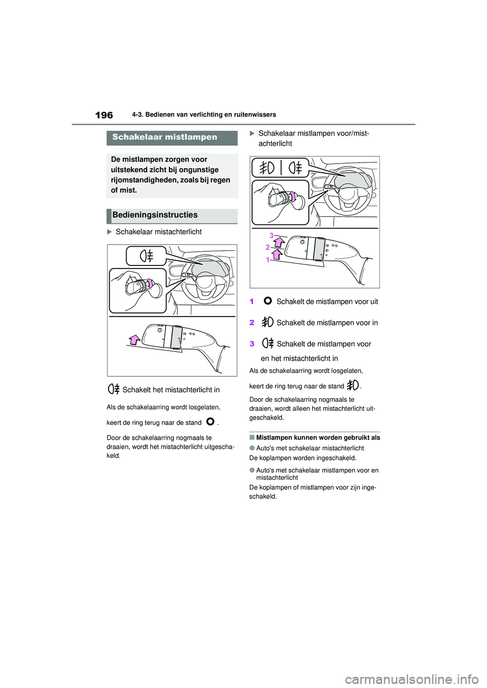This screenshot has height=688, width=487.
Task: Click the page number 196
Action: [104, 115]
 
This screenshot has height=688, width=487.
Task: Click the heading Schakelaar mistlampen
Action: [164, 137]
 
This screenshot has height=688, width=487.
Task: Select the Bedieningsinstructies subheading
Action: [155, 215]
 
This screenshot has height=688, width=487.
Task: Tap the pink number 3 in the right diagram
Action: [271, 236]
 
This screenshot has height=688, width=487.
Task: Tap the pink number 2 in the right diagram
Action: [267, 247]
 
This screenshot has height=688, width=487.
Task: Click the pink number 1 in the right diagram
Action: [267, 260]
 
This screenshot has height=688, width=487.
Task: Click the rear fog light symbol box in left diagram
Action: [147, 256]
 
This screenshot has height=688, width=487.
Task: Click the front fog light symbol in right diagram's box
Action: [267, 167]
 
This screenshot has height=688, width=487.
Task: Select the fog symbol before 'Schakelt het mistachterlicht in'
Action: [114, 390]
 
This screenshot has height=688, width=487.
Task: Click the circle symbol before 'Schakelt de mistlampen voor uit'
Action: [268, 301]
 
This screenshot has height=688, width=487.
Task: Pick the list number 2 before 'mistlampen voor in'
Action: [252, 323]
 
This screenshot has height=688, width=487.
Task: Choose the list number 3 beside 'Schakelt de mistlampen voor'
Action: [252, 344]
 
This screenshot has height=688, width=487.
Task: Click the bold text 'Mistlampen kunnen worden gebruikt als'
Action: [318, 438]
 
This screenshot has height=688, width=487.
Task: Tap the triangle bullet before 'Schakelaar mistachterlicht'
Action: [110, 232]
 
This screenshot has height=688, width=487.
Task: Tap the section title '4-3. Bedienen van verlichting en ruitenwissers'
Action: [204, 115]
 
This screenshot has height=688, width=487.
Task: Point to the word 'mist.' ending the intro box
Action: [124, 190]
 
